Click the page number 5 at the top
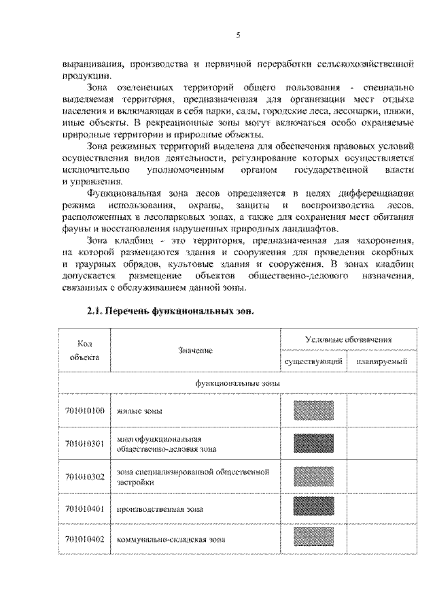[237, 35]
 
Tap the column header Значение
[195, 350]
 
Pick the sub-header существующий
[313, 362]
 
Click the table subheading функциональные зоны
[228, 383]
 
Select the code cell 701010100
[84, 411]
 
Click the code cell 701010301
[84, 444]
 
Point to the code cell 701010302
[84, 476]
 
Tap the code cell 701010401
[84, 508]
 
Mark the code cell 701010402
[84, 539]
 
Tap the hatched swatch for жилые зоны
[313, 411]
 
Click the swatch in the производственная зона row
[313, 508]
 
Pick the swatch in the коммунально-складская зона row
[313, 539]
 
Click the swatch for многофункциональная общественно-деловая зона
[313, 444]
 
